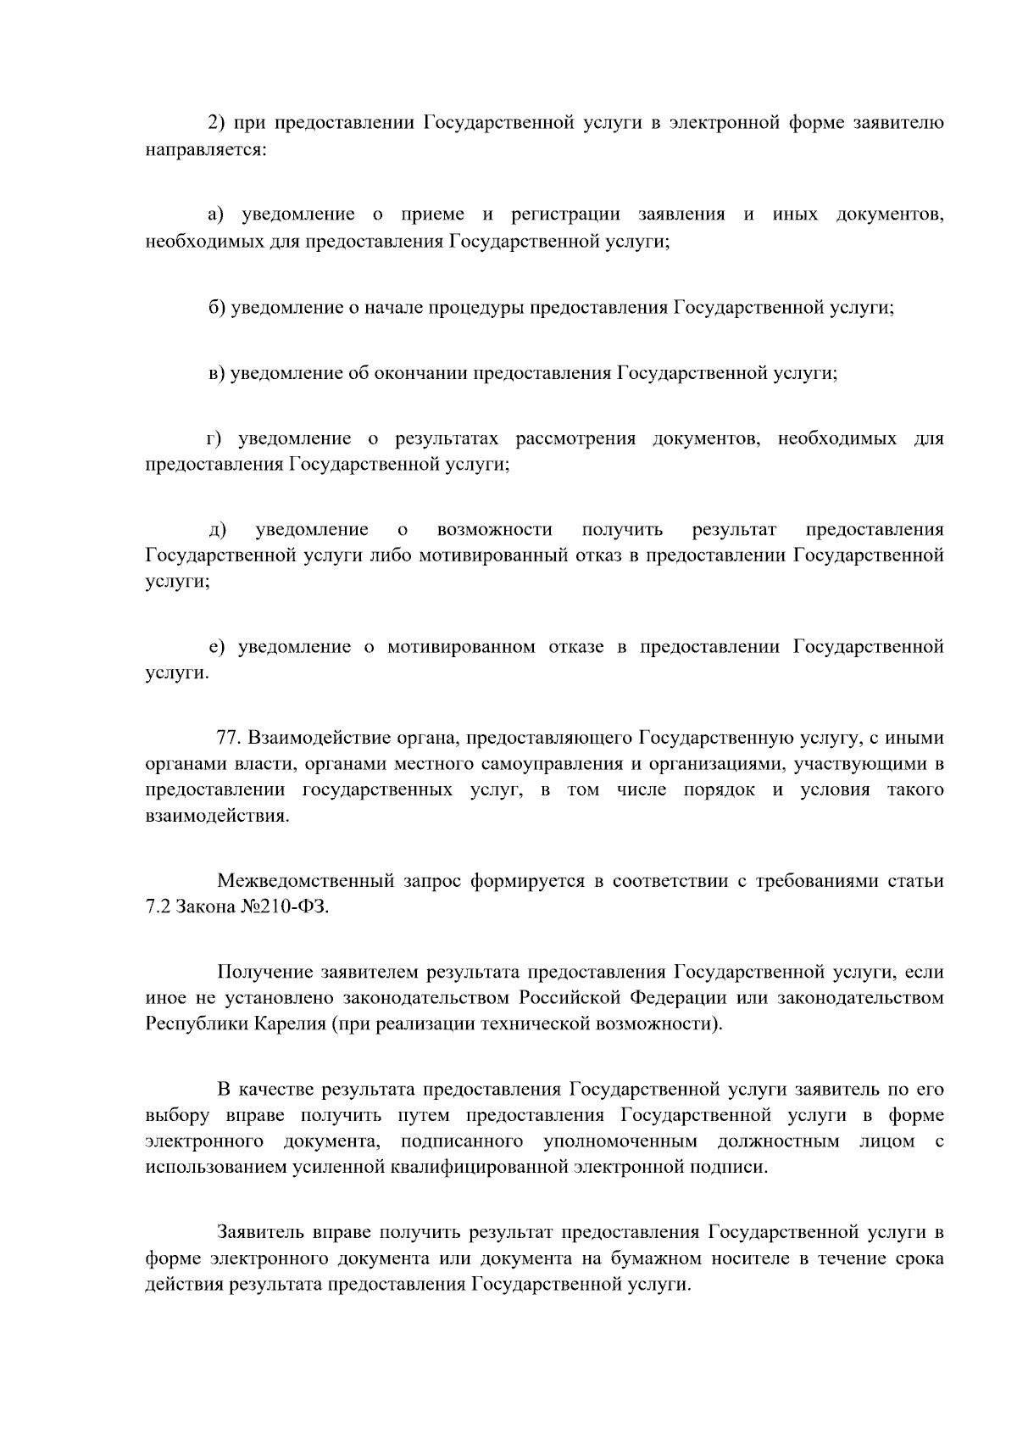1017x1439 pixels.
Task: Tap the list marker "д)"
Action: click(218, 531)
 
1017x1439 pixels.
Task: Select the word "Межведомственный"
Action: click(306, 881)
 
